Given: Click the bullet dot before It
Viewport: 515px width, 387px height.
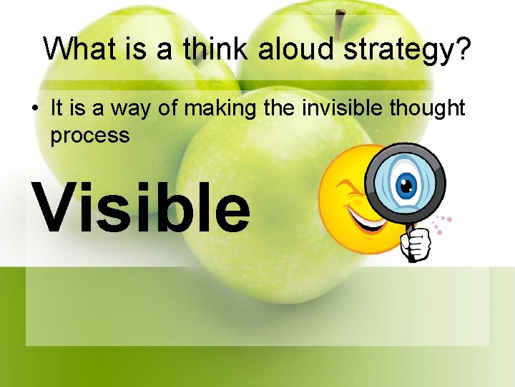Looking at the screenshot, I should click(34, 110).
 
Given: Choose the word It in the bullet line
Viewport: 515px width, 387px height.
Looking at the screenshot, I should click(57, 108).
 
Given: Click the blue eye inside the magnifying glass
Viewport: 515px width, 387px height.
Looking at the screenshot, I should click(406, 186).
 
